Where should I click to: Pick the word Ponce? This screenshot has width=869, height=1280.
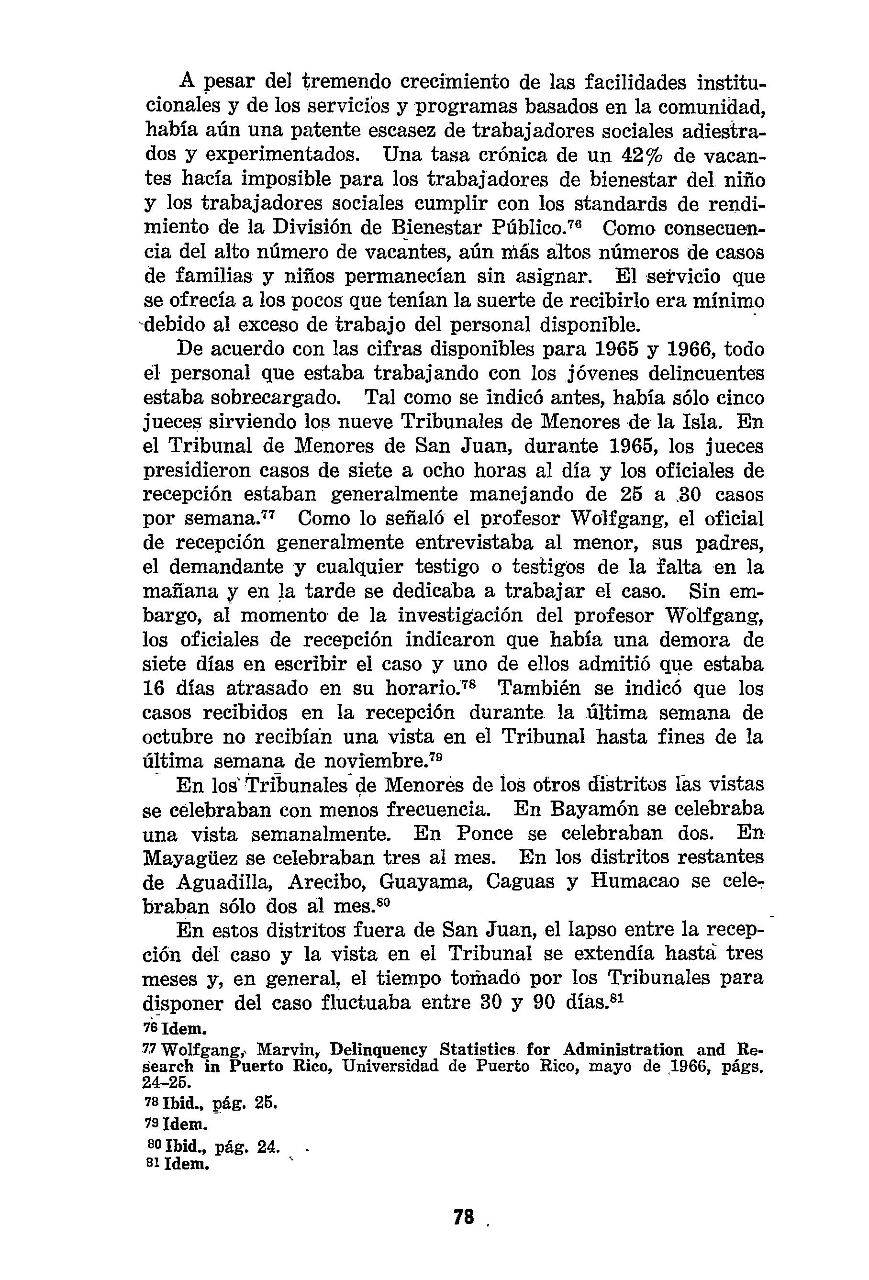(484, 833)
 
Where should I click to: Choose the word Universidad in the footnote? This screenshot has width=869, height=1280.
(390, 1066)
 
